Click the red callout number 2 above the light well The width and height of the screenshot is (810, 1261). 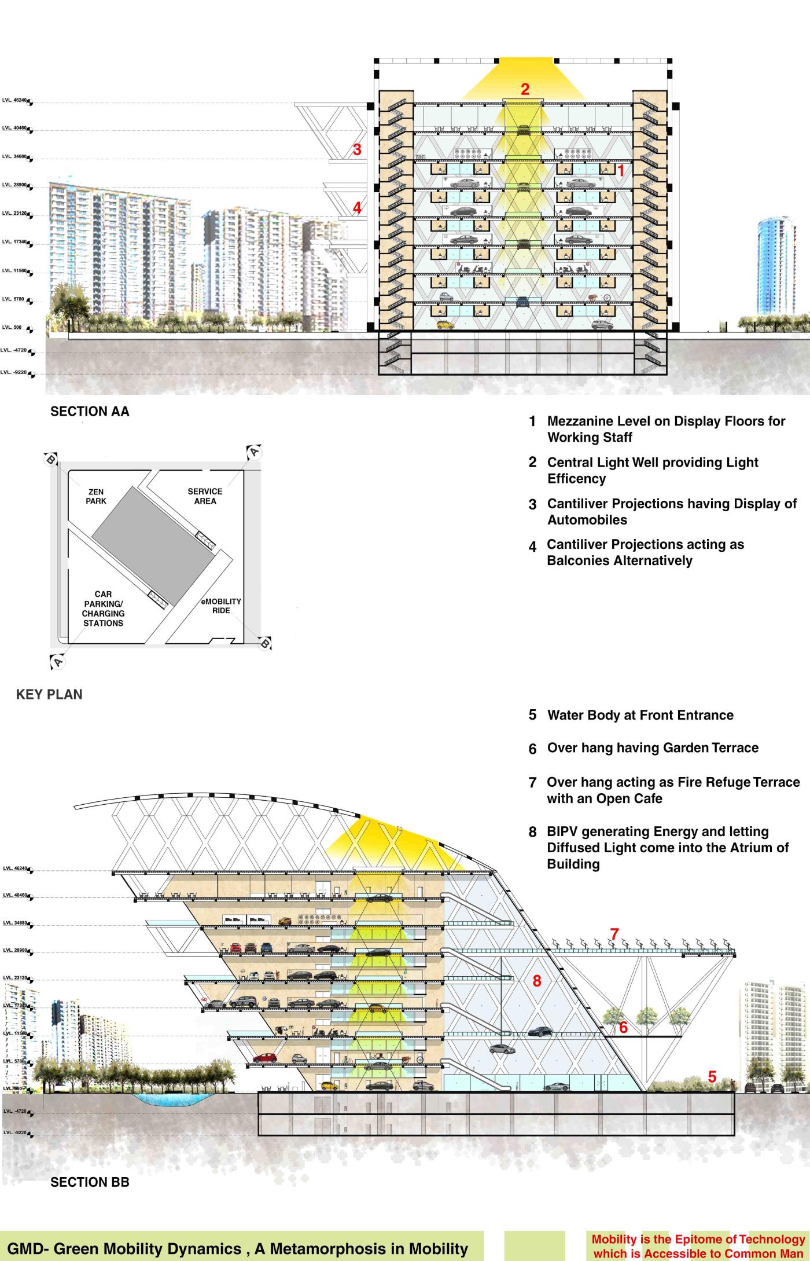point(525,89)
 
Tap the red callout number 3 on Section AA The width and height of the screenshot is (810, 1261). point(357,149)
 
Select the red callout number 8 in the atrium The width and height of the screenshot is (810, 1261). point(537,980)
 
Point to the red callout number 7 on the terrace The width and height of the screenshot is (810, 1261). point(614,934)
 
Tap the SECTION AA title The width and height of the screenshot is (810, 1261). point(90,412)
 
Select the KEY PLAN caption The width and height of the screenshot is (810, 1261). point(49,694)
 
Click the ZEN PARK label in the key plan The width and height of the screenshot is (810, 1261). point(96,496)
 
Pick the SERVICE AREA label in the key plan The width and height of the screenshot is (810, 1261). point(205,496)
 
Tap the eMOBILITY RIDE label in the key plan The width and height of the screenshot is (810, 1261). point(221,606)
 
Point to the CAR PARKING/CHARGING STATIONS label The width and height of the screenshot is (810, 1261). point(103,608)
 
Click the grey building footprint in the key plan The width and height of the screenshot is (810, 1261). point(153,545)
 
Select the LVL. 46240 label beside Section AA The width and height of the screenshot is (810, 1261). point(15,100)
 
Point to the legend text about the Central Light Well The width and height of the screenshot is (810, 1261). point(653,470)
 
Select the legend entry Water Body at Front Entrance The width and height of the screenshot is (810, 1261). point(640,715)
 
